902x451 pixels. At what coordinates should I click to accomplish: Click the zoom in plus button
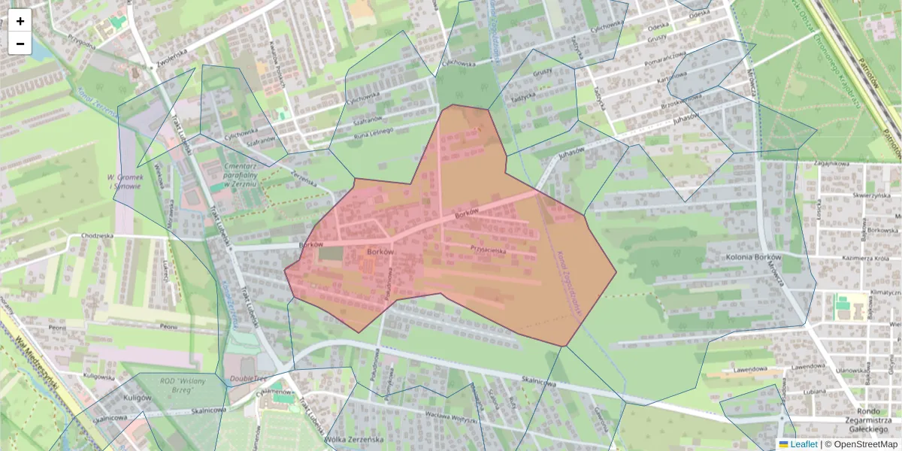[20, 21]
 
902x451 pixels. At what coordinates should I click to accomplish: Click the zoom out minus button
[20, 44]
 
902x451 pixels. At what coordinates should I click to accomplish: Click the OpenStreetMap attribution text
[865, 444]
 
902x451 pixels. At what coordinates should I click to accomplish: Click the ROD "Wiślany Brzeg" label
[177, 386]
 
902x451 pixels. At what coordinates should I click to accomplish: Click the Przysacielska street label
[488, 249]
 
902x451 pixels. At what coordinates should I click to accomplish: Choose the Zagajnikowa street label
[830, 163]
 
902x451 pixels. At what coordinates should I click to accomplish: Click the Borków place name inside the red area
[380, 252]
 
